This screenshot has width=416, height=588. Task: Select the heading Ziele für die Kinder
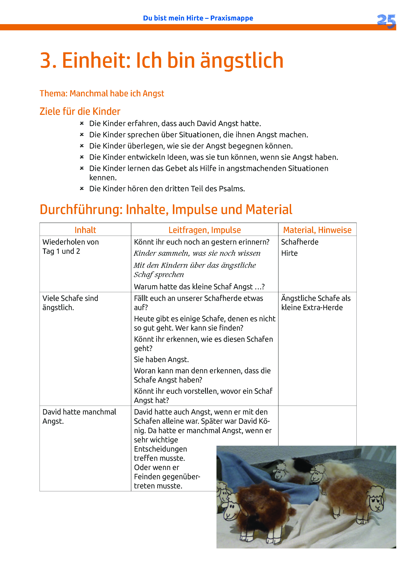[x=80, y=111]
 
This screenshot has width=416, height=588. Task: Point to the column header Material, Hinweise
[x=317, y=230]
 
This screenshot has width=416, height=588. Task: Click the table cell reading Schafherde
[x=300, y=242]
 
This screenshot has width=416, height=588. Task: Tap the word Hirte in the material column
[x=289, y=253]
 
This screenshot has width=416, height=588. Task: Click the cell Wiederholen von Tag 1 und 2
[x=70, y=247]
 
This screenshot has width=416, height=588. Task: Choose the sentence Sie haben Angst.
[x=161, y=360]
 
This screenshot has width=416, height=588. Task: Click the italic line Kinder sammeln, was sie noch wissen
[x=197, y=253]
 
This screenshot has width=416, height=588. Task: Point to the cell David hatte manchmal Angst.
[x=79, y=416]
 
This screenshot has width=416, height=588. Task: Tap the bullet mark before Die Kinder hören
[x=82, y=189]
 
